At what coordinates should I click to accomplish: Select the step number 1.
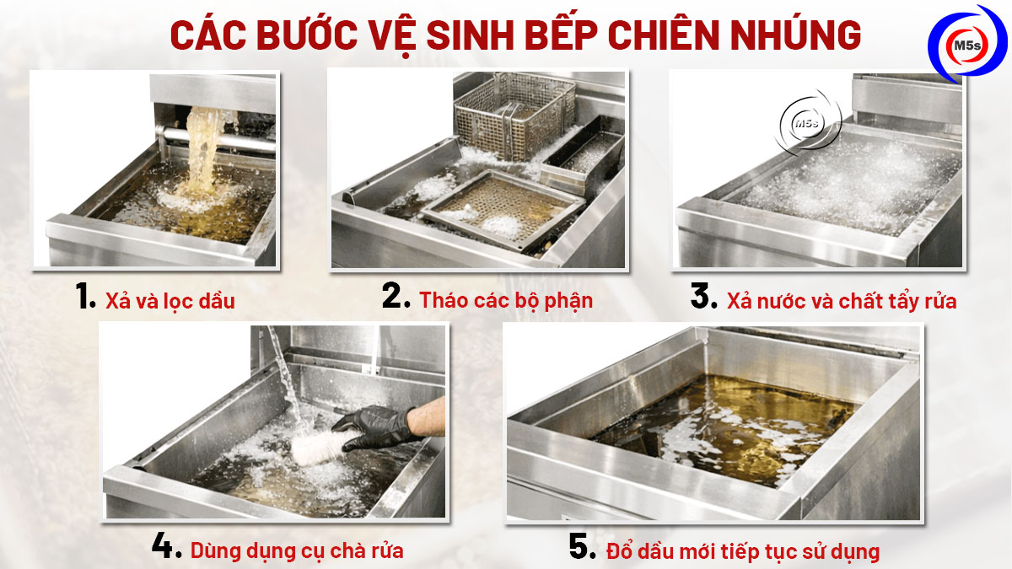(x=86, y=298)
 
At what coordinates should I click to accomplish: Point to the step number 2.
(x=396, y=298)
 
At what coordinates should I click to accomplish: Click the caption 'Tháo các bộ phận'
(x=506, y=300)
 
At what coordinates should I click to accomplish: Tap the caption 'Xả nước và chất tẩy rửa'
(x=842, y=301)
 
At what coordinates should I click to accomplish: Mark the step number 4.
(x=167, y=548)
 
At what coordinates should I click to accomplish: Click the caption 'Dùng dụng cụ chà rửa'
(x=297, y=551)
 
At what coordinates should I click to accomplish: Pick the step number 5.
(x=583, y=548)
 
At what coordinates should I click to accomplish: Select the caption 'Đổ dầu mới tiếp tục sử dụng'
(x=743, y=551)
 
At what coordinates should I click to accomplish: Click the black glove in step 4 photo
(x=378, y=427)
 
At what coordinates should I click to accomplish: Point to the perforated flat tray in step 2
(x=503, y=207)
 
